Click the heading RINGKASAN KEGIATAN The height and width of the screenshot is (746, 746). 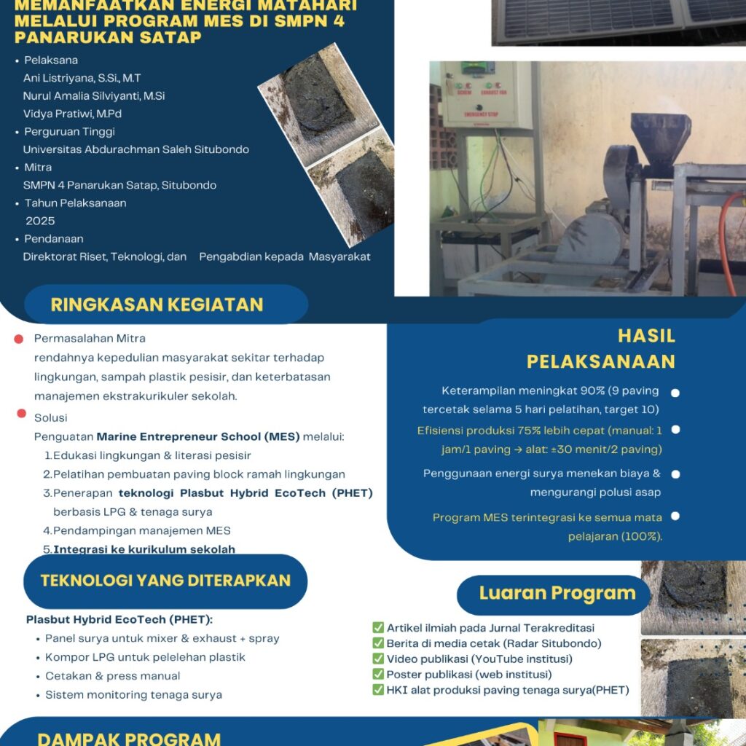(157, 305)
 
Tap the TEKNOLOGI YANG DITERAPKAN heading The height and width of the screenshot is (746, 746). (165, 581)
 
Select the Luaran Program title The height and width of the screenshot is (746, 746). (557, 593)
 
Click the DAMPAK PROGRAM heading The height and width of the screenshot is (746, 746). (129, 738)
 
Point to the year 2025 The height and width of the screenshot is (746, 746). (40, 221)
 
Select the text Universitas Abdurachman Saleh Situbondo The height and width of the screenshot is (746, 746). (136, 149)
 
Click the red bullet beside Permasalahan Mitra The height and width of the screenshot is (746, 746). (20, 339)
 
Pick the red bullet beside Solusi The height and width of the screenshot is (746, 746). (22, 414)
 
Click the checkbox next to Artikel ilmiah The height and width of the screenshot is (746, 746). (378, 628)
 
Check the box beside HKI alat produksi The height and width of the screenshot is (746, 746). (378, 689)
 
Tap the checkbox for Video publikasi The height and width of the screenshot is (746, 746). (378, 659)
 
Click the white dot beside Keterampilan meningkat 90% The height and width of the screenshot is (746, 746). (675, 393)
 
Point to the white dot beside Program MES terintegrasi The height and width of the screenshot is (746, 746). (675, 517)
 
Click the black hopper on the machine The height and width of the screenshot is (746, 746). (659, 138)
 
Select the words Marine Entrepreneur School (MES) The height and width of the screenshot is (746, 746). (198, 436)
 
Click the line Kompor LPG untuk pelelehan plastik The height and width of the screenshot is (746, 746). (145, 657)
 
